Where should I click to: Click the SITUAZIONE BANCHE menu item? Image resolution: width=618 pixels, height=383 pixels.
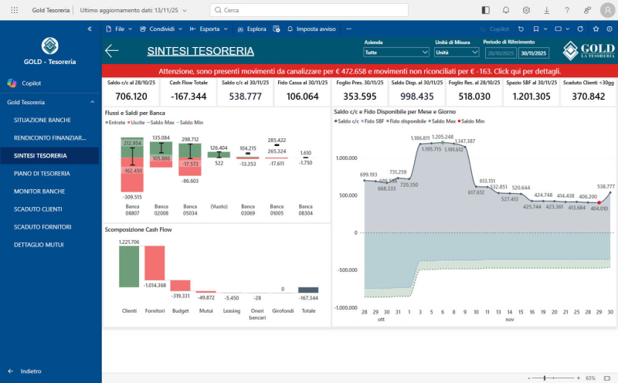(x=42, y=120)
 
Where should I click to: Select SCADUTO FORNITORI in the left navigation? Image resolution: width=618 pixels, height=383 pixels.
(x=42, y=226)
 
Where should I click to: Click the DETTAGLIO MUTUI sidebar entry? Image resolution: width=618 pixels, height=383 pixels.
(x=39, y=244)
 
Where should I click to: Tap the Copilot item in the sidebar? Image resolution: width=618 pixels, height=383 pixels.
(x=31, y=83)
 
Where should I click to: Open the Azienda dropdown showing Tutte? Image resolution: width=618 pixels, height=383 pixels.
(x=396, y=53)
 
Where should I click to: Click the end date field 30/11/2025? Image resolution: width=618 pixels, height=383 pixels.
(x=535, y=53)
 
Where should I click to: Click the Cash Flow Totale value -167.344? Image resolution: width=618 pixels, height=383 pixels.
(x=188, y=97)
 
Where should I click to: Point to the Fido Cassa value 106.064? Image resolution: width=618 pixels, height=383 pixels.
(x=302, y=97)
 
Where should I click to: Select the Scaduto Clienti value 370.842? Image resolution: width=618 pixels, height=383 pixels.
(x=588, y=97)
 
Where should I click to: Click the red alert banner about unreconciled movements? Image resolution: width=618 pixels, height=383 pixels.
(x=359, y=70)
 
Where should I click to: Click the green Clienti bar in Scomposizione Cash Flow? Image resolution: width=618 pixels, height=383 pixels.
(x=128, y=267)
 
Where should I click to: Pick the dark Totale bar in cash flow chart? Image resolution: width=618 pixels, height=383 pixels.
(x=308, y=290)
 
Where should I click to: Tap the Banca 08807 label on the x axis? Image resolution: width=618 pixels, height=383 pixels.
(x=132, y=210)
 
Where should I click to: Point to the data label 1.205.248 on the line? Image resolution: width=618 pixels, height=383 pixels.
(x=443, y=137)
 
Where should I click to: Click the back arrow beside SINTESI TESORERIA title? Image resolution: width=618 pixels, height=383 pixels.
(x=112, y=51)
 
